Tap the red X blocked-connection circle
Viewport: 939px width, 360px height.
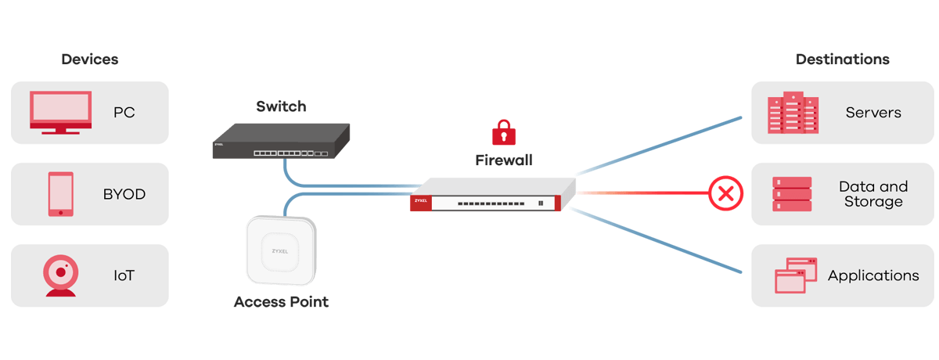pos(725,193)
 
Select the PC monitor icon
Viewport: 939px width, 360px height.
pos(61,112)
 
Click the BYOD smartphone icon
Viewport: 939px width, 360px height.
pos(60,194)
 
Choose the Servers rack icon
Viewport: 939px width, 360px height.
pos(792,113)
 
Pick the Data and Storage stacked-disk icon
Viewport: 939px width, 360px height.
pos(792,194)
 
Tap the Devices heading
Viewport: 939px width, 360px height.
pos(90,59)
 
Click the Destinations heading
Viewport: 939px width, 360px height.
pos(842,59)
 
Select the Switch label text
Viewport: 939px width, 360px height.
pos(281,106)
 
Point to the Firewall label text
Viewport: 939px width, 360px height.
pos(504,160)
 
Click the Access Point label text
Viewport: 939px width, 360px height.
pos(281,302)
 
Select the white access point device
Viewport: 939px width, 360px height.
pos(281,249)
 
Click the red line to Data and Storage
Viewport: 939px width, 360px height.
pos(642,193)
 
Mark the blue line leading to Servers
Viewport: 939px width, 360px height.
pos(657,146)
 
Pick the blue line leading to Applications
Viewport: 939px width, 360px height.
pos(657,240)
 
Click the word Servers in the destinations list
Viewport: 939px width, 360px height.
pos(873,113)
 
